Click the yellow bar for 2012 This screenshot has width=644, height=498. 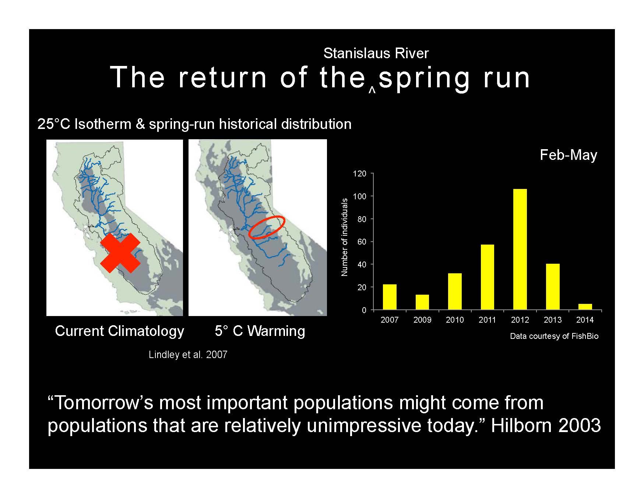[520, 249]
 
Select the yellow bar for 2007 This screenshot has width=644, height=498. [390, 297]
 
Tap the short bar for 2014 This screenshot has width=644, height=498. [585, 307]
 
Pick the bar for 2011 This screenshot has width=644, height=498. [488, 277]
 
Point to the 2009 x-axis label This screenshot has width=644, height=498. [422, 320]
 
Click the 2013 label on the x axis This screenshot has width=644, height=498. [553, 320]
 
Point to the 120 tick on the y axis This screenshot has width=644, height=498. [360, 173]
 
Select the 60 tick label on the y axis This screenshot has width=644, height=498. [362, 242]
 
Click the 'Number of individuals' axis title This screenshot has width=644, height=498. [344, 237]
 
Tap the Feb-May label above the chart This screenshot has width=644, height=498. [568, 155]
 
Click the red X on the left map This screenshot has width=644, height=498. [120, 253]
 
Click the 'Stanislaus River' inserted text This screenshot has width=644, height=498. [376, 53]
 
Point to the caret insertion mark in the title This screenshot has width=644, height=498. [372, 90]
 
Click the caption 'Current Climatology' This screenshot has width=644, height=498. [119, 331]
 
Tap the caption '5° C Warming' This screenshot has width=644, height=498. [260, 331]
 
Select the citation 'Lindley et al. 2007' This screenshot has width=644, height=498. [188, 355]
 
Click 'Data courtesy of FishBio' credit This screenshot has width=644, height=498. [554, 336]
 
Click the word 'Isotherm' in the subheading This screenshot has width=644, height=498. [103, 124]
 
